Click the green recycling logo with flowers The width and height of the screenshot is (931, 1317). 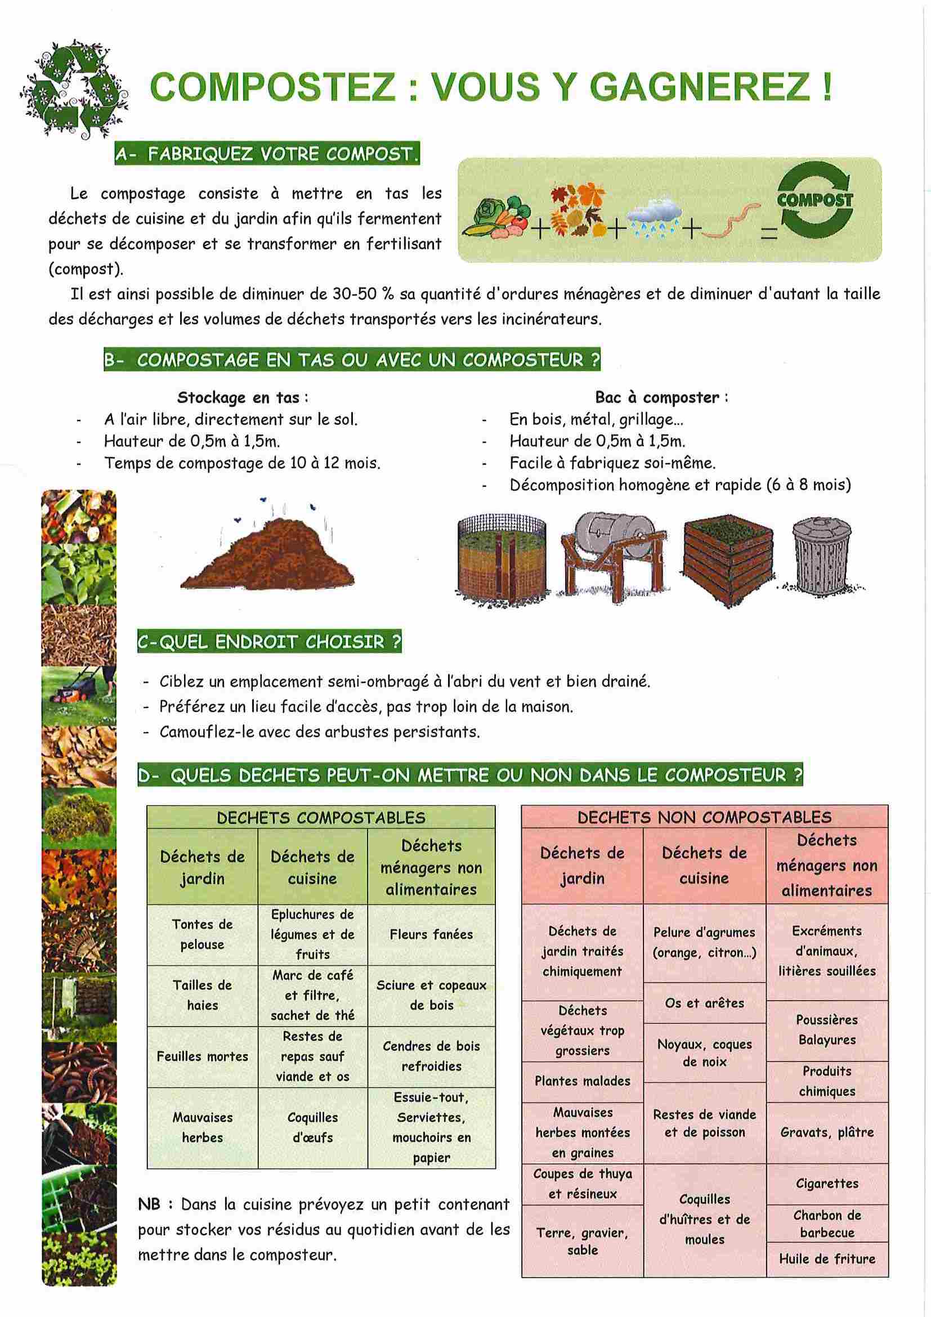coord(73,91)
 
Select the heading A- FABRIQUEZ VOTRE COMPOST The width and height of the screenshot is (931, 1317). coord(267,154)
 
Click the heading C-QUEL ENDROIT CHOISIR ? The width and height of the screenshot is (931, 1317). coord(269,642)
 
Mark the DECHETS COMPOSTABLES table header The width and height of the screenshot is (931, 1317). coord(321,817)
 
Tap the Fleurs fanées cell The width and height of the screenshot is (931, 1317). coord(431,934)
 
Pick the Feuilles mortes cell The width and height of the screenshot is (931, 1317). coord(202,1056)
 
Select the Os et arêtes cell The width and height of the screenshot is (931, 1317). coord(704,1004)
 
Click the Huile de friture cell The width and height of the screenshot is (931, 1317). coord(827,1259)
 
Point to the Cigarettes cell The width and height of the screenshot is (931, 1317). coord(827,1184)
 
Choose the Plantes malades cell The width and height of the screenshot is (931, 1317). coord(582,1081)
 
